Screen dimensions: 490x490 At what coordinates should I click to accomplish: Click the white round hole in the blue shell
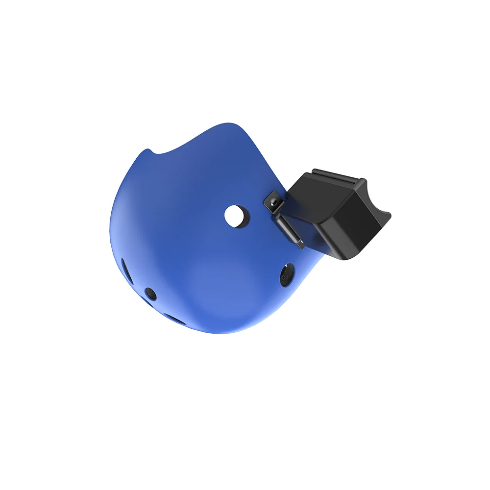point(236,215)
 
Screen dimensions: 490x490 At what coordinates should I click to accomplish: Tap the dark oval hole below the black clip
point(287,275)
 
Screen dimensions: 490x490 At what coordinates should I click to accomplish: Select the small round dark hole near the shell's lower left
point(151,294)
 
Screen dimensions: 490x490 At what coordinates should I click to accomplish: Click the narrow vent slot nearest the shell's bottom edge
point(174,319)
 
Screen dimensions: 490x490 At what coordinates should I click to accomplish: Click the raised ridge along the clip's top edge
point(338,173)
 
